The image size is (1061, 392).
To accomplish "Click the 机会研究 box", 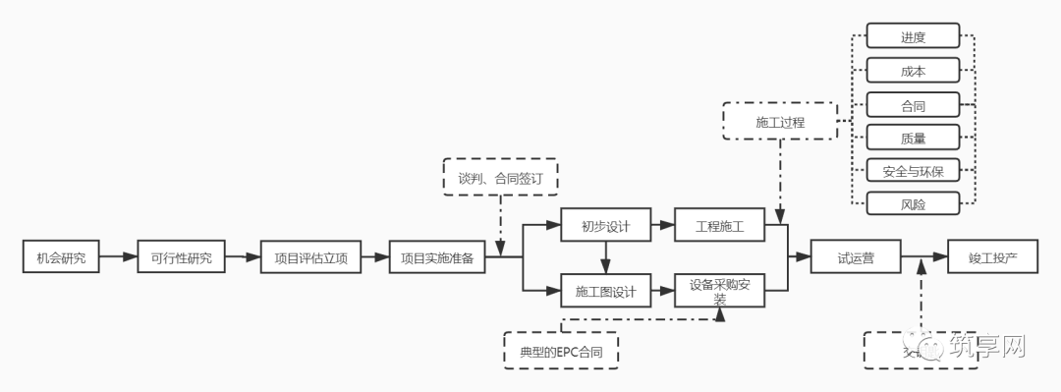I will (61, 258).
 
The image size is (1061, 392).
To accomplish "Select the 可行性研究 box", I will (181, 258).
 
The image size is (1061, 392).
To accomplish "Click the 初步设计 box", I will (605, 226).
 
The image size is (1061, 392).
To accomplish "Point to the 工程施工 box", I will (720, 226).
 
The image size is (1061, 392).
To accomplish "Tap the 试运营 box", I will (856, 258).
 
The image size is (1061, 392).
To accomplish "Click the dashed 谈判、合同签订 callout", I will (501, 178).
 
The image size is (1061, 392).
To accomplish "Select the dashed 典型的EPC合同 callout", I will (561, 350).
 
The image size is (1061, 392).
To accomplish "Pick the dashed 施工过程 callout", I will (780, 122).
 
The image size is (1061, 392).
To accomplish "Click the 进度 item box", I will (913, 37).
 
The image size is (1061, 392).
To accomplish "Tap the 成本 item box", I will (913, 71).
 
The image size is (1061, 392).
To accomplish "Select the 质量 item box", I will (913, 138).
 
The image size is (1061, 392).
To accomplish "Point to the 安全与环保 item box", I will (913, 171).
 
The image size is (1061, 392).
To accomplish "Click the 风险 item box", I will (913, 204).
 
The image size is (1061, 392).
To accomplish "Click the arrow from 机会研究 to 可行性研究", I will (118, 258).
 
